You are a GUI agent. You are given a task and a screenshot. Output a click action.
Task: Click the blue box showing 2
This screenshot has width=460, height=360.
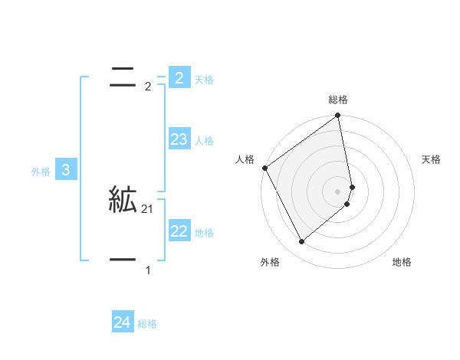(x=179, y=78)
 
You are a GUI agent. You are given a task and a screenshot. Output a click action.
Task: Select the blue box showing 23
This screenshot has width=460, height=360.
(x=179, y=139)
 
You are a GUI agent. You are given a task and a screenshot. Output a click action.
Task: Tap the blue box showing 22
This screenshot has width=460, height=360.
(x=179, y=231)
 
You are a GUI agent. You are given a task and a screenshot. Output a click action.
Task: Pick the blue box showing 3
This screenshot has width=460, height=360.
(x=66, y=170)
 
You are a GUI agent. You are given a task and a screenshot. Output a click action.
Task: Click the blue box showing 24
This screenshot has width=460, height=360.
(x=123, y=323)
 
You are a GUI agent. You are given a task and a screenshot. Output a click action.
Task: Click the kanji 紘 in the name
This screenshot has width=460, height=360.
(x=123, y=201)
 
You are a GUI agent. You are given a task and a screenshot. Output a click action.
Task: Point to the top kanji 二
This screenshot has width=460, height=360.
(x=123, y=77)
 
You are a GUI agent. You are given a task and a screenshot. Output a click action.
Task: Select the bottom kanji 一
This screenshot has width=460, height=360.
(x=123, y=260)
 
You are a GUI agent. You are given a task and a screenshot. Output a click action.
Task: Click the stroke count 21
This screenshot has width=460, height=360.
(x=147, y=209)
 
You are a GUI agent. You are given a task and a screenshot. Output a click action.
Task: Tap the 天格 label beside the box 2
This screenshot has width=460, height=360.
(x=204, y=79)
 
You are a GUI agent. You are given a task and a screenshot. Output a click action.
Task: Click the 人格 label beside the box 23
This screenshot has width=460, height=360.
(x=204, y=140)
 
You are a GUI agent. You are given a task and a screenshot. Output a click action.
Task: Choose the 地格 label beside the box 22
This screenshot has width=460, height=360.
(x=204, y=232)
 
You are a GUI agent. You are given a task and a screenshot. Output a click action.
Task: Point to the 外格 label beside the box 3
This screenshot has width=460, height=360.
(x=41, y=172)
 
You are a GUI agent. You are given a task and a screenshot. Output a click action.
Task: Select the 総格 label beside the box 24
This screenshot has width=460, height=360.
(x=147, y=324)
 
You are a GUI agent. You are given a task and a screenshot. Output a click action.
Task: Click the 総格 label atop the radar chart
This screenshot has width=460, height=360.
(x=338, y=100)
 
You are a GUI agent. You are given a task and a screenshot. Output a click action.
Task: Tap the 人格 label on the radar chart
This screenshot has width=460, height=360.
(x=245, y=159)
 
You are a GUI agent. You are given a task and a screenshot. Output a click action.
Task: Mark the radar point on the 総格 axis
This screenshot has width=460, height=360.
(x=338, y=116)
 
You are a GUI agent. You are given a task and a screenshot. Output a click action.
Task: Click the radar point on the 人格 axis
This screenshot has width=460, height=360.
(x=264, y=168)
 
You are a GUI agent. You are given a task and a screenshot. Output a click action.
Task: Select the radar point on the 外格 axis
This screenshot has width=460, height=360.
(x=301, y=242)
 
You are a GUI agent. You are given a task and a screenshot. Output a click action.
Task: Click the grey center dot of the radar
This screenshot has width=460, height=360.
(x=338, y=191)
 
